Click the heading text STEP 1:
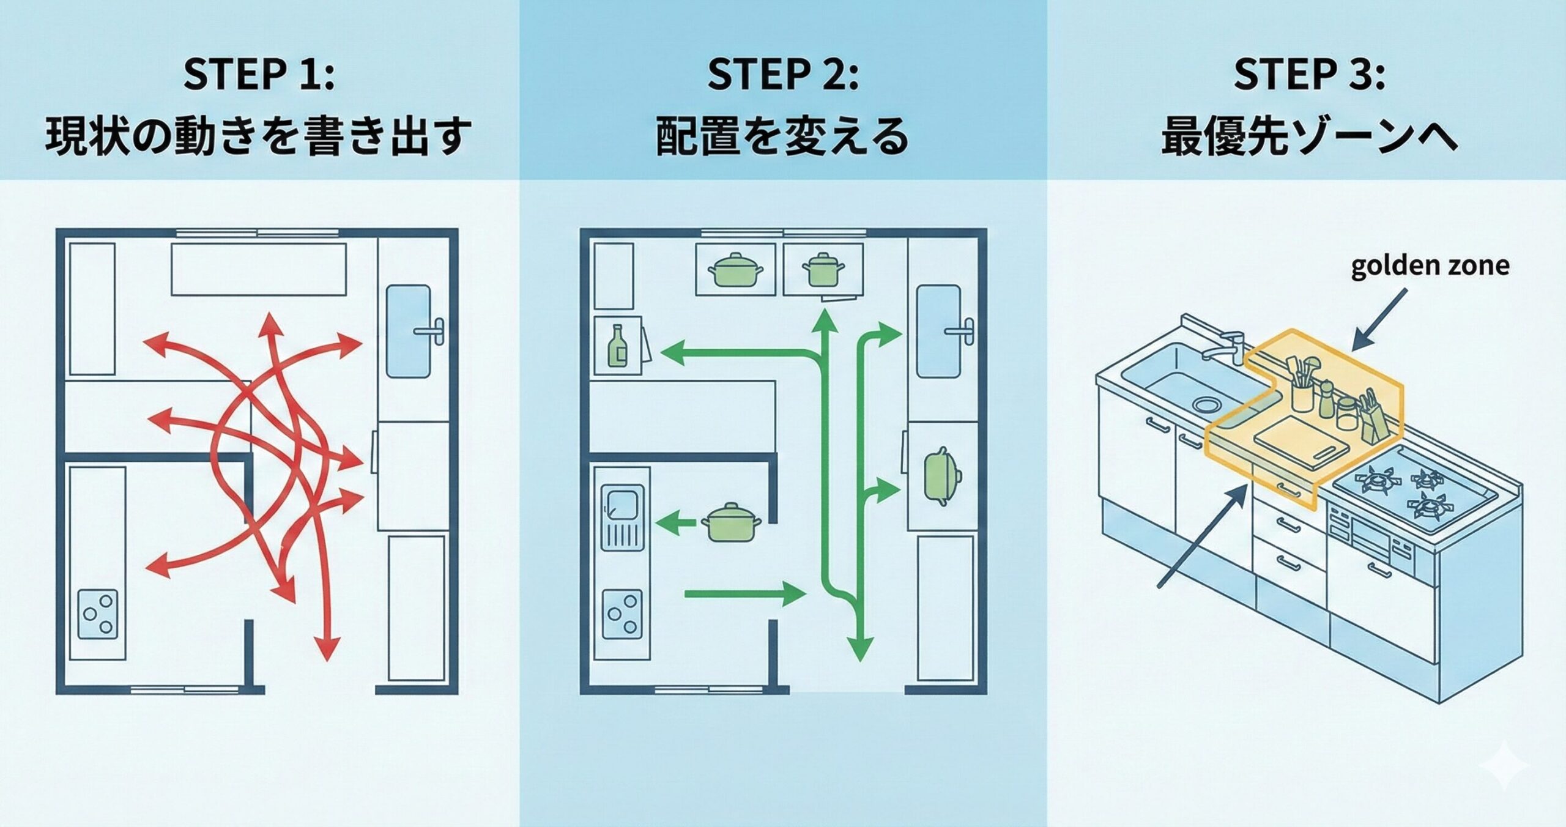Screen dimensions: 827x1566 pos(259,75)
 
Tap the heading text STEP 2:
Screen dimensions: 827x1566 pos(782,75)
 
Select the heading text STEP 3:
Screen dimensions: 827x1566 pos(1308,75)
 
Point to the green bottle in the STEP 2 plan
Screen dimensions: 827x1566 pos(617,347)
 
